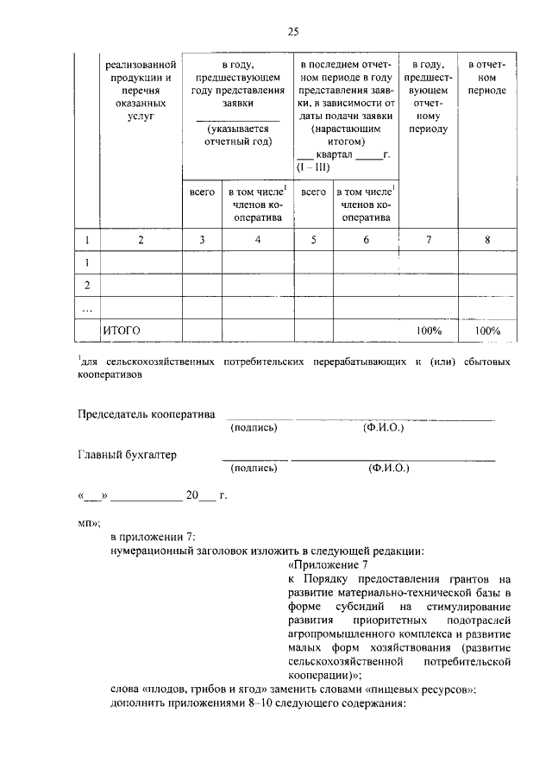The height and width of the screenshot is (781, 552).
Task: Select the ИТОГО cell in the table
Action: point(121,331)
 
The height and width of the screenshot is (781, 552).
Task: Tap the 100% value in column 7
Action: point(429,331)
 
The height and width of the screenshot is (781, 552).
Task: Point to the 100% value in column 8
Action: point(487,331)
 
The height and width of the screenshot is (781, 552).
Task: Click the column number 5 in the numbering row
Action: point(313,240)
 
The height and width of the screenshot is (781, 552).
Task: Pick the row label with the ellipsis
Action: point(86,308)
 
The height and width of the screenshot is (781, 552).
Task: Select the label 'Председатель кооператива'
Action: point(146,413)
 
